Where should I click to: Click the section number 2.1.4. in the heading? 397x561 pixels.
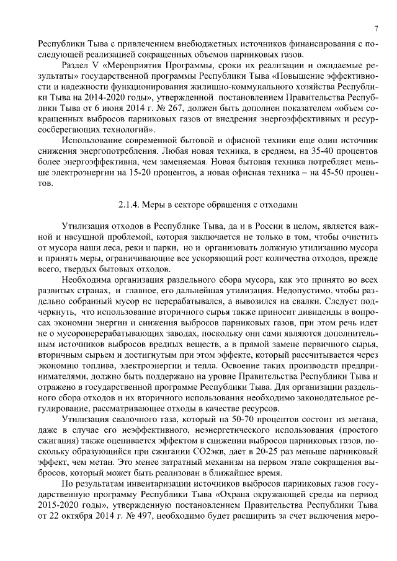[132, 204]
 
